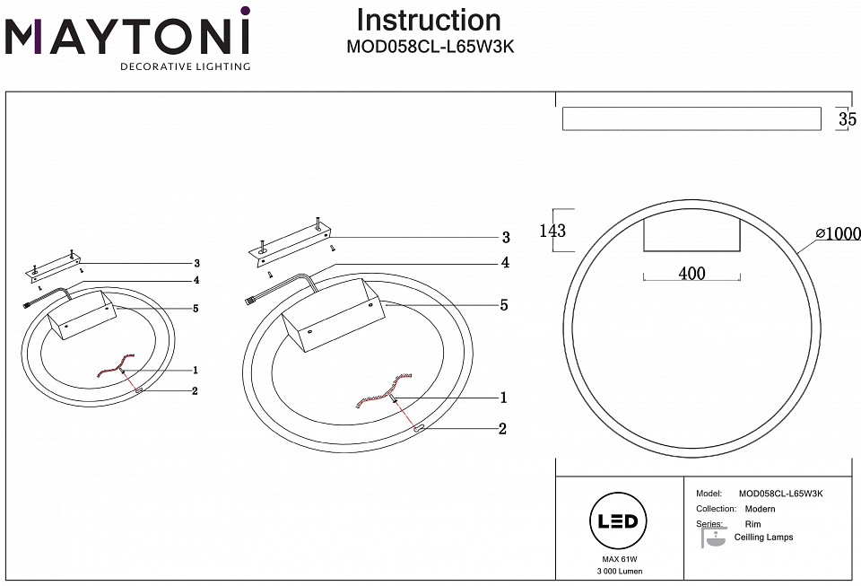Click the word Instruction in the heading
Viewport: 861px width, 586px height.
click(x=429, y=20)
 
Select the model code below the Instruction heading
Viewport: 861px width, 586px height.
click(x=430, y=49)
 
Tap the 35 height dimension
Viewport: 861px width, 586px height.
click(x=847, y=118)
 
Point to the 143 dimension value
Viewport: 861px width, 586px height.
click(x=553, y=231)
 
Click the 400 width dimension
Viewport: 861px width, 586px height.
click(x=691, y=274)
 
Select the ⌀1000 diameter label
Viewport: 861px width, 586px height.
click(x=838, y=233)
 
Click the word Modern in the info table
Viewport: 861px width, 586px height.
click(x=760, y=509)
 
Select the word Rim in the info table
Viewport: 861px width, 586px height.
click(x=752, y=523)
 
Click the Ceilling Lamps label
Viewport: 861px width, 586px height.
click(x=763, y=538)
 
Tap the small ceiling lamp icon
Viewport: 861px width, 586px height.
click(x=714, y=538)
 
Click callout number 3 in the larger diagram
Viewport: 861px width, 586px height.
click(x=505, y=238)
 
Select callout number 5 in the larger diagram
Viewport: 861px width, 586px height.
click(x=504, y=305)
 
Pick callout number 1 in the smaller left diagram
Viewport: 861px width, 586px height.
click(x=195, y=370)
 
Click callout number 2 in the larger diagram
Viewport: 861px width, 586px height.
click(x=503, y=429)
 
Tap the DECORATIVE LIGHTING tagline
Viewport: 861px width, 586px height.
click(x=185, y=66)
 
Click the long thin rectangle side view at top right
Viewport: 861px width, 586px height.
click(x=691, y=118)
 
